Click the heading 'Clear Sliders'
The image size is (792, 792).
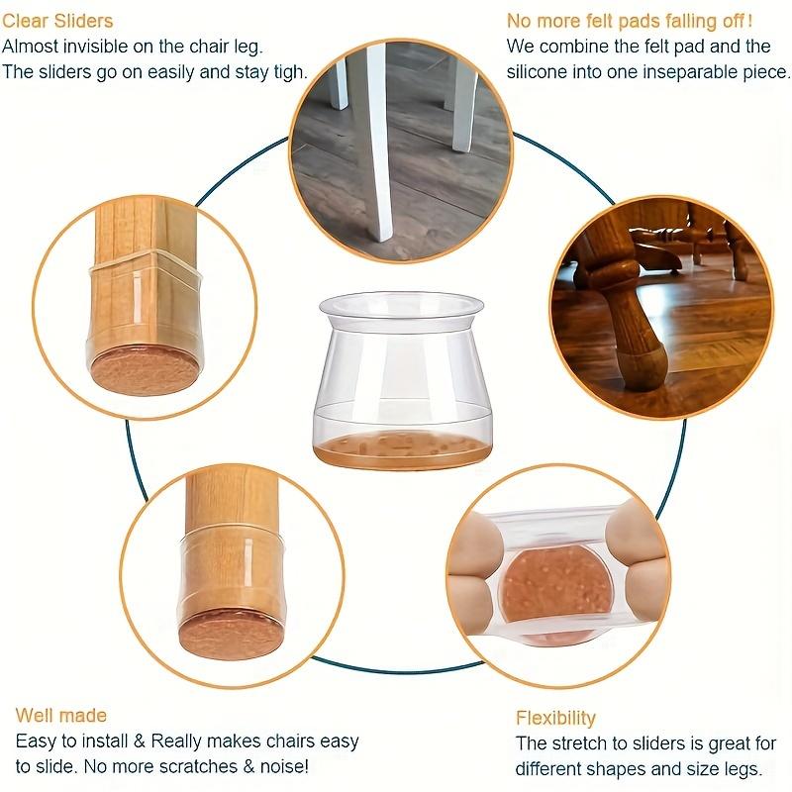(x=57, y=21)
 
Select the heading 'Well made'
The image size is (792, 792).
(x=61, y=716)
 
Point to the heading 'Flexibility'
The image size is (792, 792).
(x=555, y=718)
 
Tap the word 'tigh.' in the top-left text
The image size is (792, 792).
(x=287, y=72)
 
